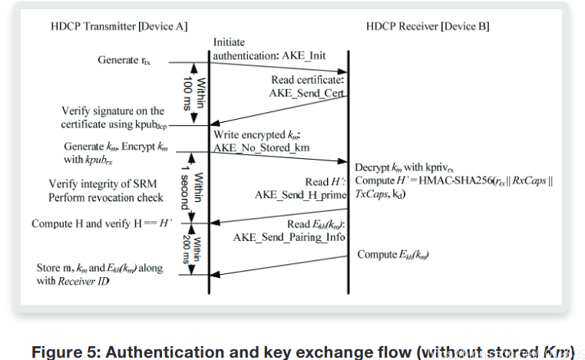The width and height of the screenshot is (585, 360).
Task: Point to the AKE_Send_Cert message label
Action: click(x=305, y=92)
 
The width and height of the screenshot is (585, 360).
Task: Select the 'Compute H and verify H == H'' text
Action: click(x=100, y=223)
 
